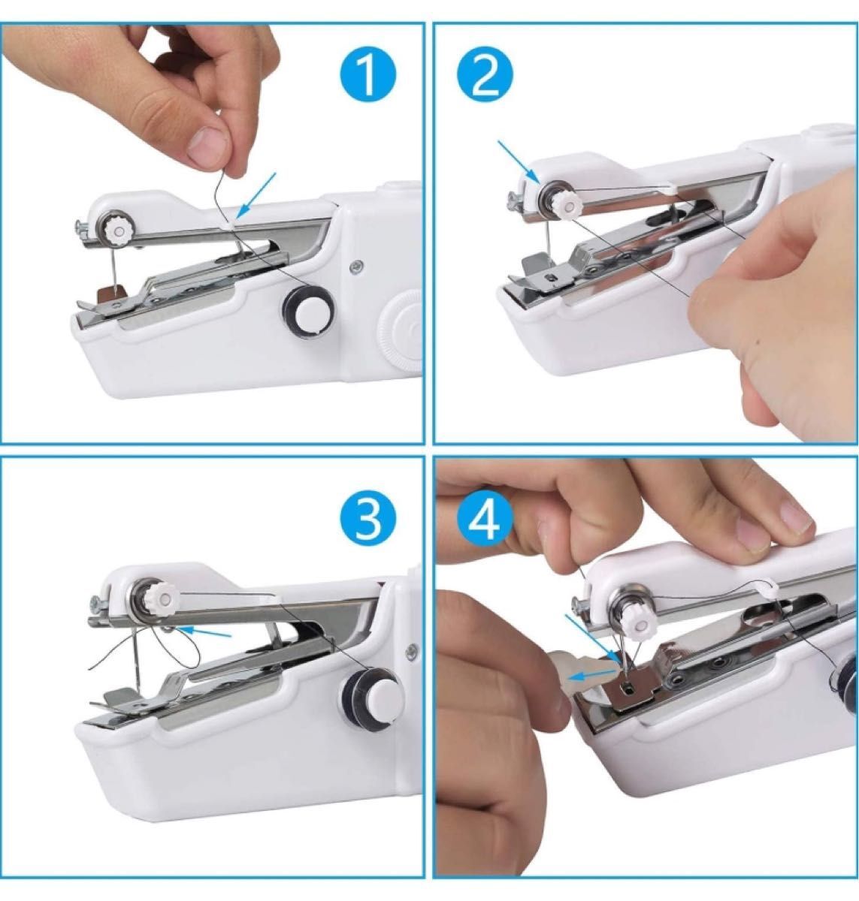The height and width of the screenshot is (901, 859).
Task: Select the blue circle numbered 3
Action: [367, 523]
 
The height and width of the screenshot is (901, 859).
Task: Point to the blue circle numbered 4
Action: [485, 523]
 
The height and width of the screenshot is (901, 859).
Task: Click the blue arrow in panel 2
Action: [519, 161]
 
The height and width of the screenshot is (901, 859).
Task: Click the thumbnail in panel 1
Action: [207, 143]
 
